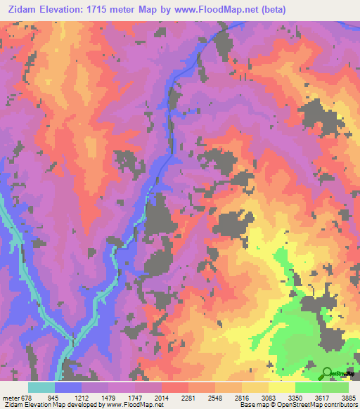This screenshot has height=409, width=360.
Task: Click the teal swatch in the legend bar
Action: (41, 387)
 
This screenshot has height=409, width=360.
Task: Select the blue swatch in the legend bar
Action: (68, 387)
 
